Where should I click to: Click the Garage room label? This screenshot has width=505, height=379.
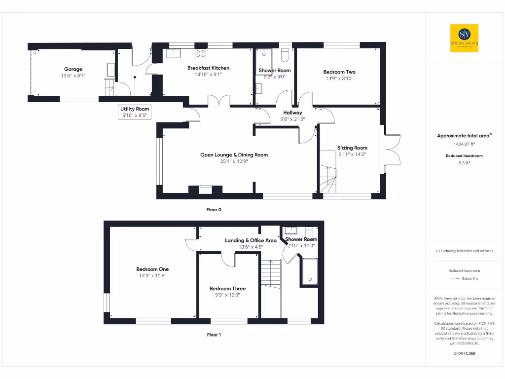(x=73, y=69)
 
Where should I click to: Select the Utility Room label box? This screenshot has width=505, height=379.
(x=135, y=109)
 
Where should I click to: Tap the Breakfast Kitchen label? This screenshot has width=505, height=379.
(x=208, y=68)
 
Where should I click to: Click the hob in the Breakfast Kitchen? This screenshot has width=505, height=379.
(x=201, y=53)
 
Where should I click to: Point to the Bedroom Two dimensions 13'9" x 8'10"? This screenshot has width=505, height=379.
(x=339, y=78)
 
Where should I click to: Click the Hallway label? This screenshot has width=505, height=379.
(x=292, y=113)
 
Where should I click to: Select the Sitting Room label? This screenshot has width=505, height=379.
(x=352, y=148)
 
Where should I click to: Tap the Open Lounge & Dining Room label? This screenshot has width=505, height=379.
(x=234, y=154)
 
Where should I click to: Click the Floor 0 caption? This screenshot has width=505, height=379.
(x=214, y=210)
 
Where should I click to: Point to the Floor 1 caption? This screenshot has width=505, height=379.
(x=214, y=335)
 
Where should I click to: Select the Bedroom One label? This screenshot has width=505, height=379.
(x=152, y=269)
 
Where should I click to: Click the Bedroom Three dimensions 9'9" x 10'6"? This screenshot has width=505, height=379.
(x=227, y=295)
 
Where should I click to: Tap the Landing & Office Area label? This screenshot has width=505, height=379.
(x=251, y=240)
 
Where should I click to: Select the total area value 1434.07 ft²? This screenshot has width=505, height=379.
(x=464, y=144)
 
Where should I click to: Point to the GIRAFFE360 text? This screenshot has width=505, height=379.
(x=464, y=353)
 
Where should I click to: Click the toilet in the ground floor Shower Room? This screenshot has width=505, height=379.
(x=285, y=53)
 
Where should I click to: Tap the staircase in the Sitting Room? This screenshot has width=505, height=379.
(x=326, y=179)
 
